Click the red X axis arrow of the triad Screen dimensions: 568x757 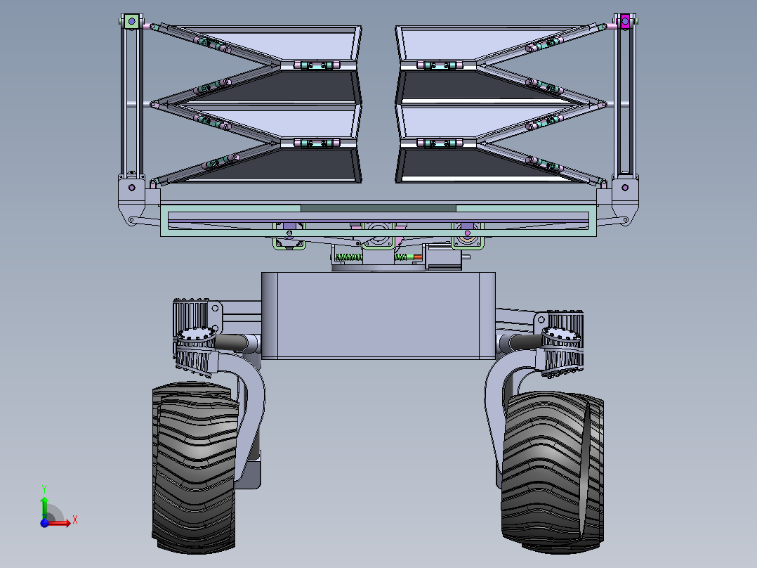tap(65, 522)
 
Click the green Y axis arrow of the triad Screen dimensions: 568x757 tap(44, 503)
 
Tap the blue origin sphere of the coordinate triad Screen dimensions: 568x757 tap(44, 522)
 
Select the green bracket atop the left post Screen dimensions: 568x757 tap(130, 21)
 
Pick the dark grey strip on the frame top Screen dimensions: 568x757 tap(378, 208)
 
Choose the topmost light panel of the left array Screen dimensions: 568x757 tap(281, 44)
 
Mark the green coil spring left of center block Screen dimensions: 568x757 tap(348, 257)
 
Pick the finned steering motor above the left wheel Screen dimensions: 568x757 tap(195, 337)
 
